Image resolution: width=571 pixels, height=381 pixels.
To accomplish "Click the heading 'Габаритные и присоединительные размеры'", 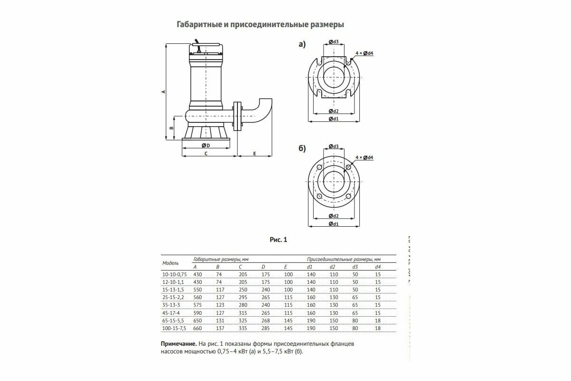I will (260, 24).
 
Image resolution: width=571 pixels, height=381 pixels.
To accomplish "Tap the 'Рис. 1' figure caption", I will (278, 240).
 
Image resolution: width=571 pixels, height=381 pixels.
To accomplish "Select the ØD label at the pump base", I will (206, 145).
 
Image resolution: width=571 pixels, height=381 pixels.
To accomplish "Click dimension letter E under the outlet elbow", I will (255, 154).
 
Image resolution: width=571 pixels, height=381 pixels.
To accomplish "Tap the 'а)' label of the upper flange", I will (302, 44).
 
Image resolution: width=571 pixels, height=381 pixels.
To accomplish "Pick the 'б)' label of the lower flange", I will (302, 149).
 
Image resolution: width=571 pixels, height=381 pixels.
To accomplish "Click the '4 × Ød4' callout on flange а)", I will (364, 53).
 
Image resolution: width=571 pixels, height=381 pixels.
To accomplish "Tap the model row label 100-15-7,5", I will (175, 329).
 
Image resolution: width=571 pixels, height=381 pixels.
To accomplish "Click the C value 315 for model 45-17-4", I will (244, 313).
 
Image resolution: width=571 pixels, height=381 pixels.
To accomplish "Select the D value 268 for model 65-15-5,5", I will (266, 321).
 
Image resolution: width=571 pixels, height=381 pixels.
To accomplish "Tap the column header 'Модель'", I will (170, 263).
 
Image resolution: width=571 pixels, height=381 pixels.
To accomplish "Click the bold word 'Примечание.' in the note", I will (178, 343).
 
